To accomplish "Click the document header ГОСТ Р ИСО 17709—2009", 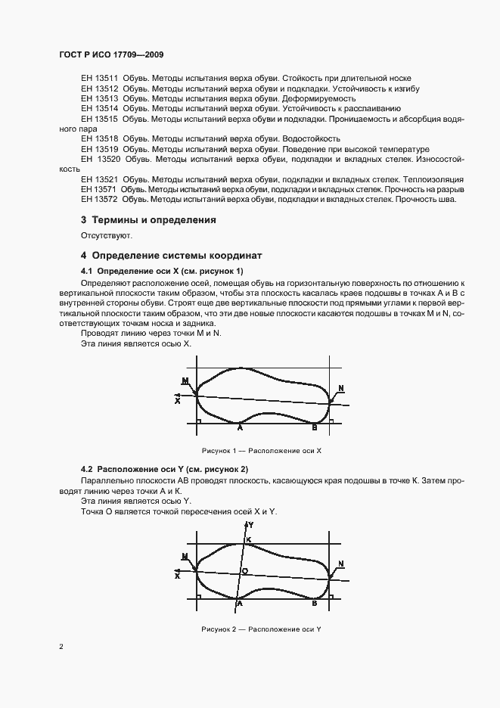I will (111, 55).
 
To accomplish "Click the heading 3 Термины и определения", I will (148, 220).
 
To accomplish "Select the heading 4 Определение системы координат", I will (172, 256).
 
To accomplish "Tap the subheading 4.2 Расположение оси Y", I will (164, 470).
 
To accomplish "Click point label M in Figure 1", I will (185, 380).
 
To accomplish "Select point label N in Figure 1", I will (340, 389).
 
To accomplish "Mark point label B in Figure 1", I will (315, 427).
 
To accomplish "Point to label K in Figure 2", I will (248, 539).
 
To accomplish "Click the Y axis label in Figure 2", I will (251, 523).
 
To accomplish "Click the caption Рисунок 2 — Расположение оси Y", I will (262, 629).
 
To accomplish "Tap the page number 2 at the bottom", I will (61, 647).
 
